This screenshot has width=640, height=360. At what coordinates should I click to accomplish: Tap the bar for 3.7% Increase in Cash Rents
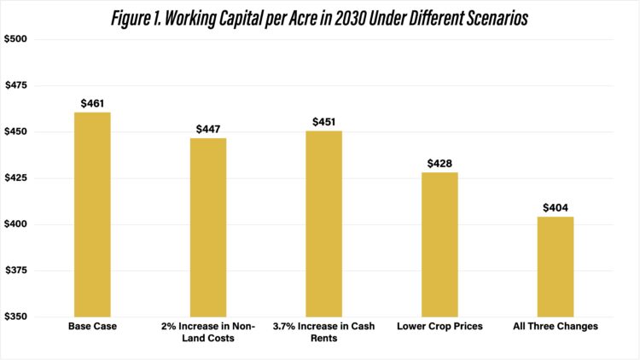pos(324,224)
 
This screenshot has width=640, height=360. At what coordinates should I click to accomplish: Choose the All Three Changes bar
pos(556,266)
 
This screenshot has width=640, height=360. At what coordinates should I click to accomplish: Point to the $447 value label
pos(208,129)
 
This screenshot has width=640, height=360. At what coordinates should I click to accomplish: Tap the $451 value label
pos(324,122)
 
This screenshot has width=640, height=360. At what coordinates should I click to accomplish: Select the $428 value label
pos(439,164)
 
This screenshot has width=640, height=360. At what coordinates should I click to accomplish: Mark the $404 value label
pos(556,208)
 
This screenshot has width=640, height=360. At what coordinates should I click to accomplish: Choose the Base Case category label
pos(92,327)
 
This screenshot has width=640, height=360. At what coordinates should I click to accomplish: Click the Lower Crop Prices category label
pos(439,327)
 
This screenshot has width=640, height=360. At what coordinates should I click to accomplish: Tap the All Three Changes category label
pos(556,327)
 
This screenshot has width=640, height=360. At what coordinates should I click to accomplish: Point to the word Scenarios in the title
pos(496,17)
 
